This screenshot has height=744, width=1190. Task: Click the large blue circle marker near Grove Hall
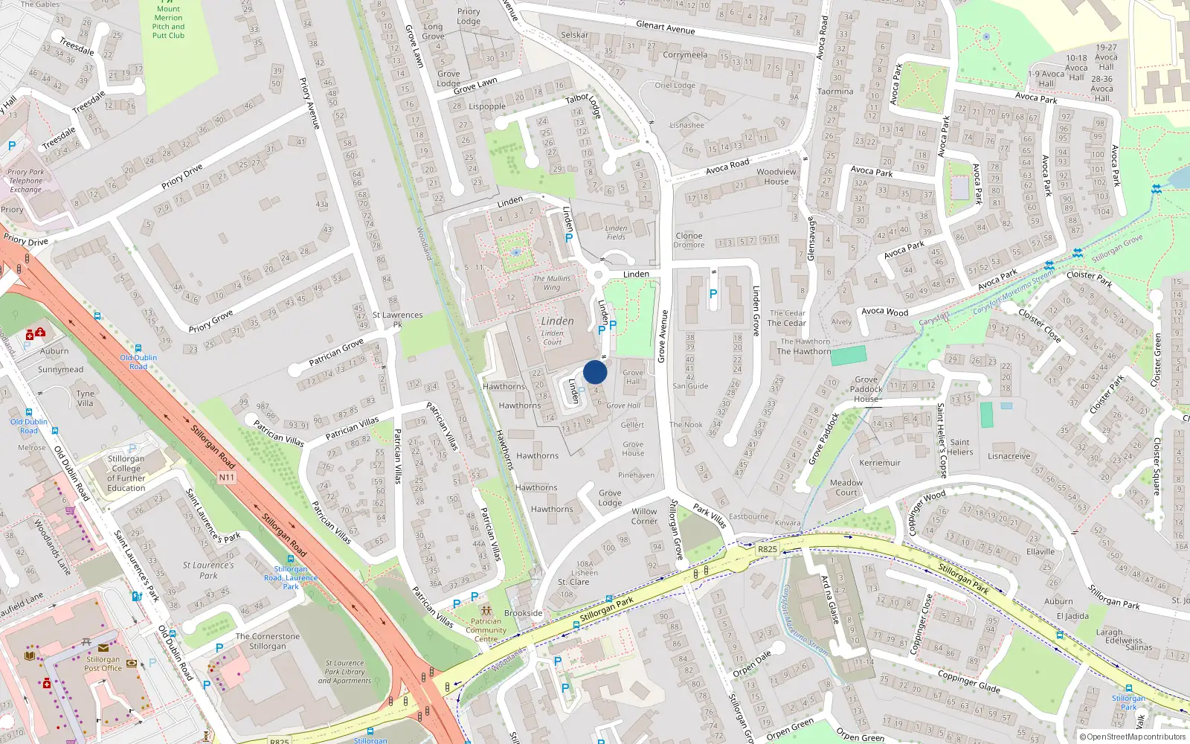(x=595, y=372)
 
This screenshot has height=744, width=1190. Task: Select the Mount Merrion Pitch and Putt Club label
(x=168, y=22)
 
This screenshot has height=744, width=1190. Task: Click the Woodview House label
(x=776, y=176)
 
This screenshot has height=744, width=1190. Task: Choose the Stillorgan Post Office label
(x=103, y=664)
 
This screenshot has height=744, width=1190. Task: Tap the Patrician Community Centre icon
(x=486, y=611)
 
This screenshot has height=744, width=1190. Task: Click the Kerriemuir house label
(x=880, y=463)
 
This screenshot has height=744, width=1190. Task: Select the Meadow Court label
(x=846, y=487)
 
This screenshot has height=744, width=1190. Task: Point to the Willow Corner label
(x=644, y=516)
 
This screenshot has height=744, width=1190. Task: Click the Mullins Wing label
(x=552, y=283)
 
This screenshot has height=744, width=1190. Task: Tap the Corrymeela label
(x=685, y=54)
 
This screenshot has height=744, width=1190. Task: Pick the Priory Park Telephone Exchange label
(x=26, y=181)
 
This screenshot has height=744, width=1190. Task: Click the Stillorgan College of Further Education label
(x=126, y=473)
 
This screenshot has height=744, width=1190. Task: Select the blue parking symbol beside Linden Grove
(x=713, y=294)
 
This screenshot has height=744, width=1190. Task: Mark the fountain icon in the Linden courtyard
(x=515, y=252)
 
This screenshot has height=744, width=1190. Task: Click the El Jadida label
(x=1072, y=616)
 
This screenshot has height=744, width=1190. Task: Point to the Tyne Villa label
(x=86, y=399)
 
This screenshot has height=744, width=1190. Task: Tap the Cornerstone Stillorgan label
(x=268, y=641)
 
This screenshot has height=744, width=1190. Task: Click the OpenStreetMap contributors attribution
(x=1133, y=737)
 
